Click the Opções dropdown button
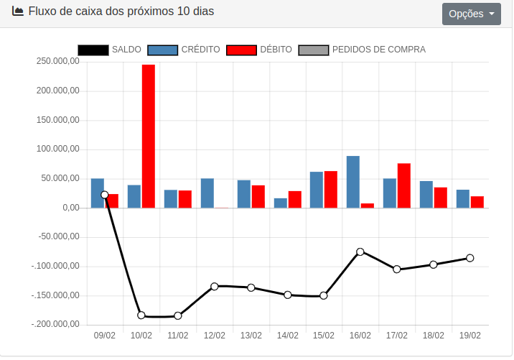point(471,14)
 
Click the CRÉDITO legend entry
point(184,50)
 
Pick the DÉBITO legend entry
point(259,50)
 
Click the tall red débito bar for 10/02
point(148,136)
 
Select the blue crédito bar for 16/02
point(353,182)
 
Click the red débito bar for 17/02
point(403,185)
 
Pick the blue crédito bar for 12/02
point(207,193)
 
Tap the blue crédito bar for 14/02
point(280,203)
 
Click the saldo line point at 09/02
point(105,195)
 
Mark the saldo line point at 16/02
point(360,251)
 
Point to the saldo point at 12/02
point(215,286)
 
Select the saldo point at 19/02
point(470,258)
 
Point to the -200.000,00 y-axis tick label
point(55,325)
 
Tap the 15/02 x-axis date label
point(324,336)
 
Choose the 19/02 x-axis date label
point(470,336)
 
